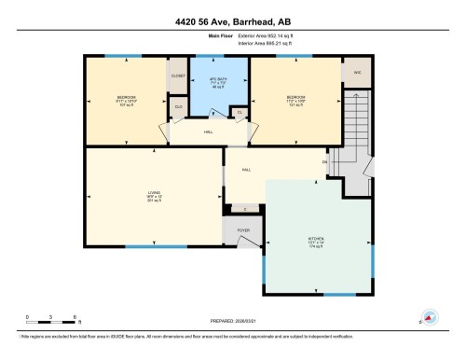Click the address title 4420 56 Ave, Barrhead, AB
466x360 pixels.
coord(233,21)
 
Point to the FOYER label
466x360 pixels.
coord(242,228)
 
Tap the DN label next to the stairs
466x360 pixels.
coord(325,163)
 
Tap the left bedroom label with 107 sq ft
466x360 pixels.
coord(127,101)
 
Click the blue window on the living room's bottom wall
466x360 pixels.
coord(141,246)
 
